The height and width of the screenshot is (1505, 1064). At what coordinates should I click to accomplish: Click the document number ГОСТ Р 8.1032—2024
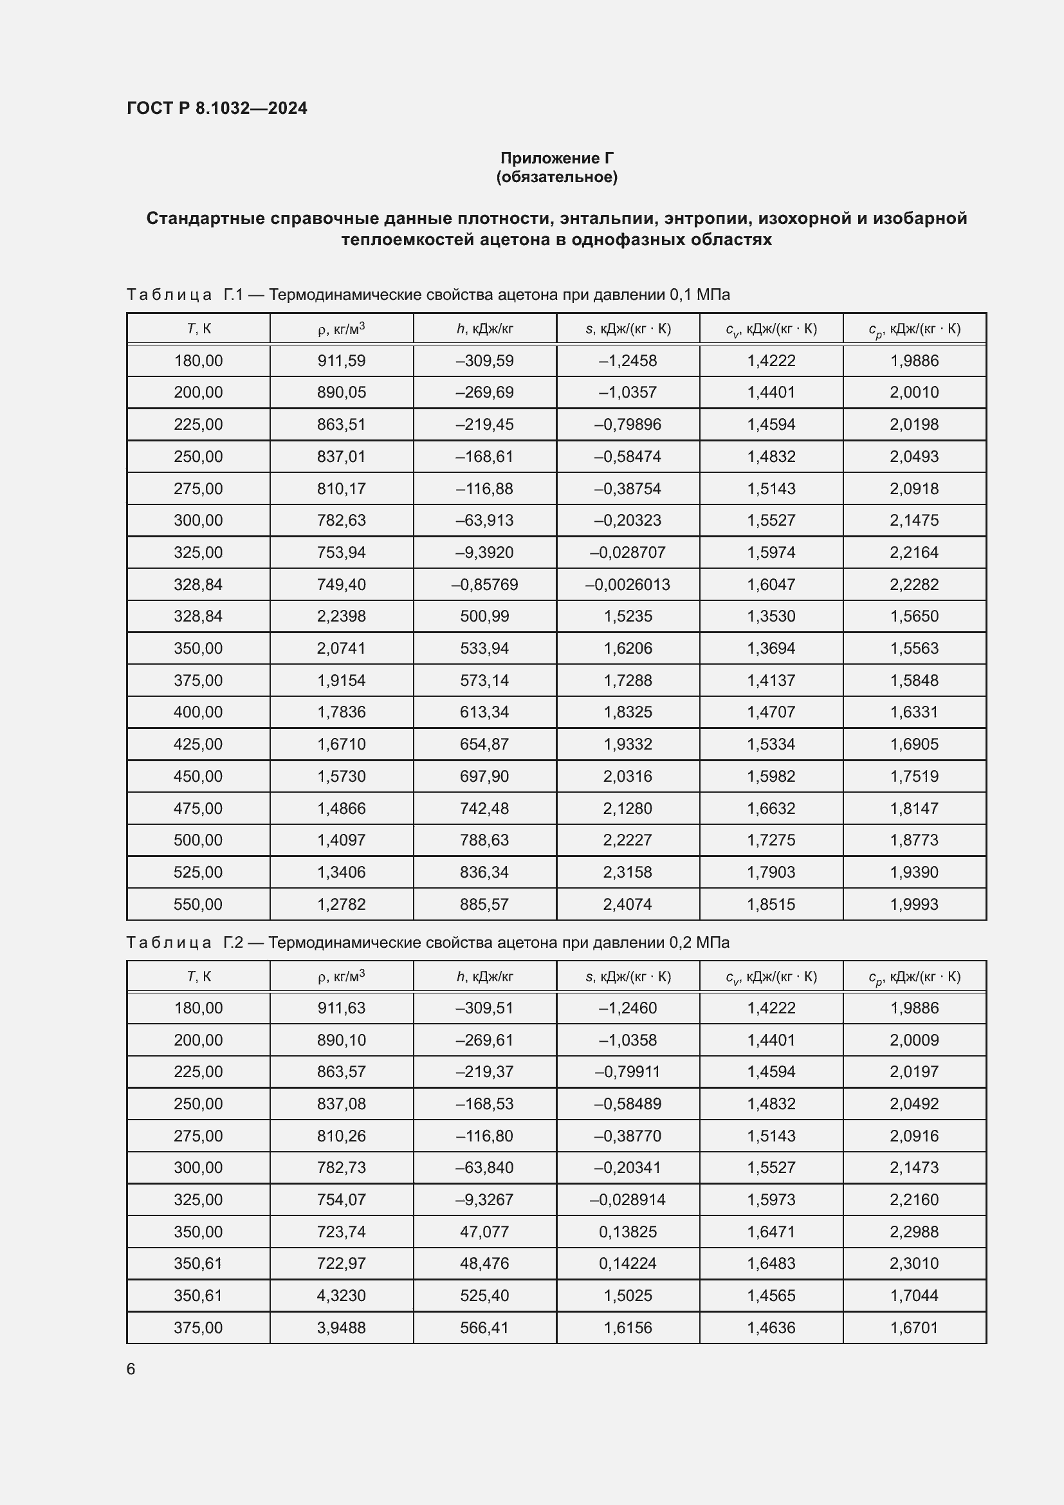click(x=217, y=108)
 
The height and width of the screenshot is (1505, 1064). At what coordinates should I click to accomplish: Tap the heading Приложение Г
click(x=557, y=158)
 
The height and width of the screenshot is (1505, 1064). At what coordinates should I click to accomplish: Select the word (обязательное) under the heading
click(x=557, y=177)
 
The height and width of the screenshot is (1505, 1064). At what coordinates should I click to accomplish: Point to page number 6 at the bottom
click(x=131, y=1369)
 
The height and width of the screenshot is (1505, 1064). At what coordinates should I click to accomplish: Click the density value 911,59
click(x=342, y=360)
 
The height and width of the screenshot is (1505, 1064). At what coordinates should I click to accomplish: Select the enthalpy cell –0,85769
click(x=484, y=584)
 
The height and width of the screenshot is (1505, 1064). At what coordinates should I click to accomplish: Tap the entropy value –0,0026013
click(x=628, y=584)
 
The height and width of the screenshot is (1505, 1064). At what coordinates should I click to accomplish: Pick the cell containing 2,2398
click(x=342, y=616)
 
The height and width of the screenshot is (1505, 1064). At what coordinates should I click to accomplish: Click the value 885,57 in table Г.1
click(x=484, y=904)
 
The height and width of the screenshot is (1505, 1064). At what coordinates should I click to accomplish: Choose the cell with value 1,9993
click(x=914, y=904)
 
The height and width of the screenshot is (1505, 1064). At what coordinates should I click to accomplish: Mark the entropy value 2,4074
click(x=628, y=904)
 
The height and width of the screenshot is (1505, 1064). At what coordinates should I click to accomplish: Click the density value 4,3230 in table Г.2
click(x=342, y=1295)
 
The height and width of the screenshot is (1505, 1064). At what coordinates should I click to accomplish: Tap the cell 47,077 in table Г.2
click(x=484, y=1232)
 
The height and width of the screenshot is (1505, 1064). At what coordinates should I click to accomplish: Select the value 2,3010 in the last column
click(x=914, y=1263)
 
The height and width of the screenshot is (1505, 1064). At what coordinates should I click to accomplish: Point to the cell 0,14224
click(x=628, y=1263)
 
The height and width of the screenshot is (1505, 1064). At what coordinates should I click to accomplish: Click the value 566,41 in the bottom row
click(x=484, y=1327)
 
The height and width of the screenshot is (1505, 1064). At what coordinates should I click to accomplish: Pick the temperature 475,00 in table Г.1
click(x=198, y=808)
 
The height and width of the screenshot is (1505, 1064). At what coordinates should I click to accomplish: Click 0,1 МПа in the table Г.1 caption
click(x=699, y=295)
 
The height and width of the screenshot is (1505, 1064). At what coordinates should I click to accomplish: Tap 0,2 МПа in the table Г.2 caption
click(x=699, y=943)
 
